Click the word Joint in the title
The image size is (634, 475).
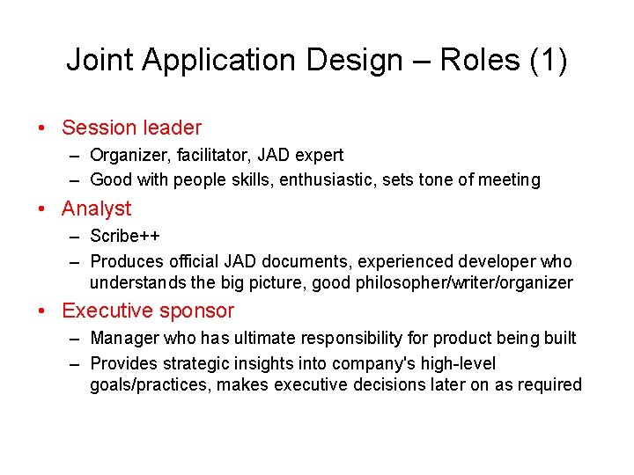pos(100,60)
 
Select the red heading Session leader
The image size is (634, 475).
pos(131,128)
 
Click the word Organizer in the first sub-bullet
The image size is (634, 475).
pos(125,155)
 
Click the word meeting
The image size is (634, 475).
pos(509,179)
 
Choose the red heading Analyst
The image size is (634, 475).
pos(96,208)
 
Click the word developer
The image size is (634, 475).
pos(496,261)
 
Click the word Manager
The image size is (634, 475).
pos(122,338)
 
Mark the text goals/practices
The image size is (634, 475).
pos(150,384)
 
